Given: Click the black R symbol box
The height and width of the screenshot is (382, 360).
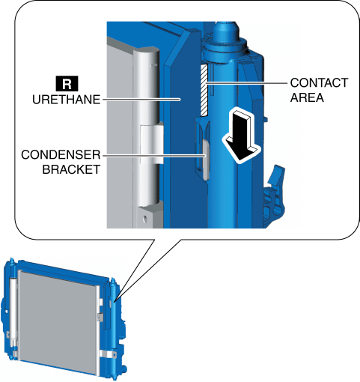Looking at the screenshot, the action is pos(67,84).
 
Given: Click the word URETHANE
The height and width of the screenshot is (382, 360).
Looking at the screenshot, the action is pos(67,100).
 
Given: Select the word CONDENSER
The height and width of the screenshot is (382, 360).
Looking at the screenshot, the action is pos(61,155).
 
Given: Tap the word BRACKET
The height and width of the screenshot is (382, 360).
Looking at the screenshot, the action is pos(71,169).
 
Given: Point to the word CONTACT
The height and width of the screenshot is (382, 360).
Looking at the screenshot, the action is pos(319,83).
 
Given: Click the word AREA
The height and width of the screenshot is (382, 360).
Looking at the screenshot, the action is pos(307,97).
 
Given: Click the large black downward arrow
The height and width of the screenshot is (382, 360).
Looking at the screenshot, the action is pos(241,135).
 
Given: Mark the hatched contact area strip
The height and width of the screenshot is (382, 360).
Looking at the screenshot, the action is pos(204,90).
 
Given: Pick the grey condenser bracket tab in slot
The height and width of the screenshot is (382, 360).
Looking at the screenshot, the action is pos(206,160).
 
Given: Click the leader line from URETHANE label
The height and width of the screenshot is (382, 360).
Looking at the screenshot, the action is pos(141,100).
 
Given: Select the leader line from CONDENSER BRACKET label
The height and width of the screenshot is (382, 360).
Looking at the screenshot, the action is pos(154,156).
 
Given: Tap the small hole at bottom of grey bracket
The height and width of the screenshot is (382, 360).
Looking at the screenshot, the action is pos(145,219).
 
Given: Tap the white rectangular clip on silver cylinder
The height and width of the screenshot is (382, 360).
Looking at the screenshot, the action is pos(152,145).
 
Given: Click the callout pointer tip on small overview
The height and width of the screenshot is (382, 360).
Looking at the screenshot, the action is pos(114,302).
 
